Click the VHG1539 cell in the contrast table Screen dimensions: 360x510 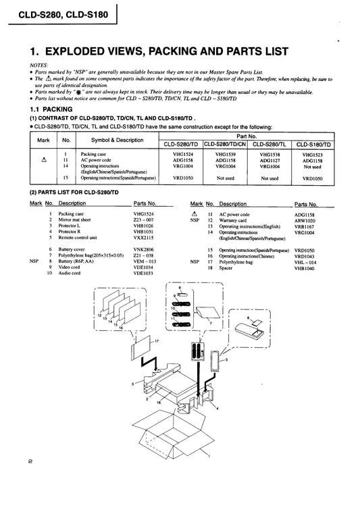coord(226,155)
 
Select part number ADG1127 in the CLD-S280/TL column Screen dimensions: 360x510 coord(269,160)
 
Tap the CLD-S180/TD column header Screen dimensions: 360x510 coord(313,145)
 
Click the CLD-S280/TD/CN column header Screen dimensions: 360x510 coord(225,144)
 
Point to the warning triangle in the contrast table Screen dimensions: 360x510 coord(44,159)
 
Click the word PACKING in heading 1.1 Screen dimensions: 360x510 coord(57,109)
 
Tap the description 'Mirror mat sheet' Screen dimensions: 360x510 coord(74,220)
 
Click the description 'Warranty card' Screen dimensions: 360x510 coord(233,220)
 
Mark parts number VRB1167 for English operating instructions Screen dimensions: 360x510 coord(305,227)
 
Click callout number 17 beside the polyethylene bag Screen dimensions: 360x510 coord(157,341)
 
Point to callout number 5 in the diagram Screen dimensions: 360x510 coord(227,359)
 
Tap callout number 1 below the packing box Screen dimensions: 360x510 coord(209,456)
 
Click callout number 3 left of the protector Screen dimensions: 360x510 coord(132,384)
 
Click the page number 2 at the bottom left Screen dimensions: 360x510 coord(30,461)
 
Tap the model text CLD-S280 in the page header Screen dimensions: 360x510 coord(38,15)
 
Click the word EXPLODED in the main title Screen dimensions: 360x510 coord(77,51)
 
